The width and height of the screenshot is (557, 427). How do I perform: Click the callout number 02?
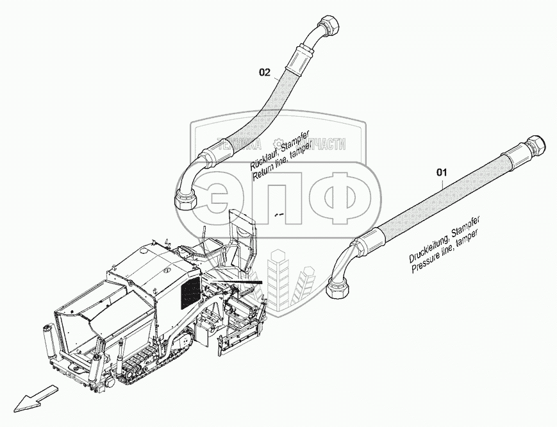265,72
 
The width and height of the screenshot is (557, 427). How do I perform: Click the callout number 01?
442,172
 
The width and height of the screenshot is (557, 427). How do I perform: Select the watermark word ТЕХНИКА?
239,144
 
